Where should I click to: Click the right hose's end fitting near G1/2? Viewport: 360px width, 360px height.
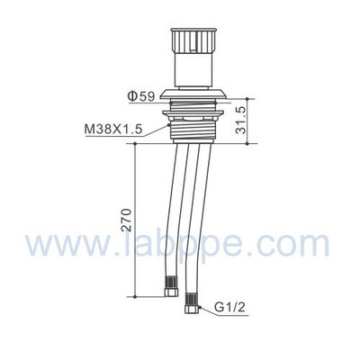point(192,305)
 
